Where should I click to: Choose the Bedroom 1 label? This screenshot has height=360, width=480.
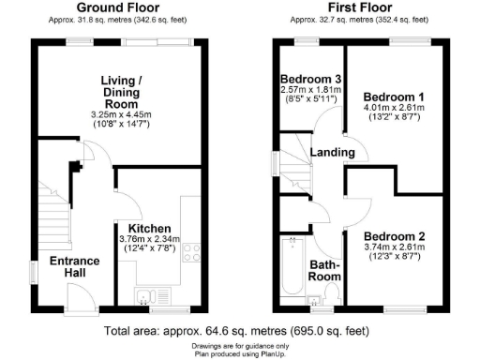coord(395,97)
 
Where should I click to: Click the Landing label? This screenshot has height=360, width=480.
coord(335,153)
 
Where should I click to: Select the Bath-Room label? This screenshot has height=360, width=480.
coord(324,271)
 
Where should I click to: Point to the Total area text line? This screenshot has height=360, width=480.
coord(237,331)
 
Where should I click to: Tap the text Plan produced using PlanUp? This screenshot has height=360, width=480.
coord(239,353)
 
